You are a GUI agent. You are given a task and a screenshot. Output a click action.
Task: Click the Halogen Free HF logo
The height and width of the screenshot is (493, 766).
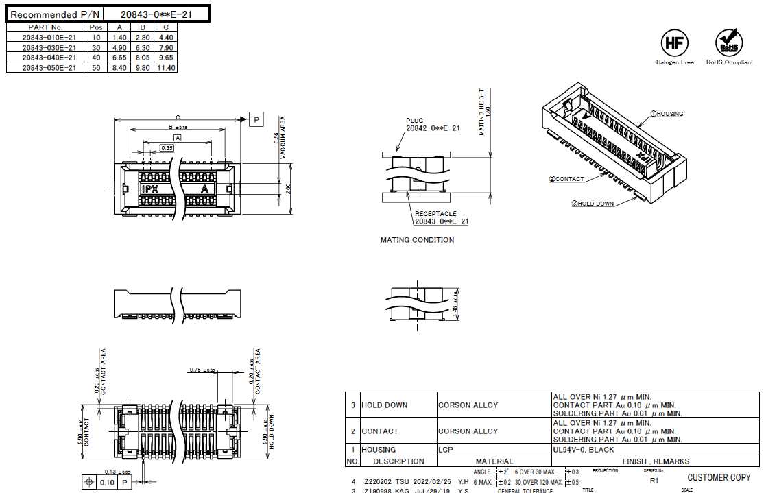coord(674,43)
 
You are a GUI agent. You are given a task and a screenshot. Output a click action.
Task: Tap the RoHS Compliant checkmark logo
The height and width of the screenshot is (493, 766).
coord(728,43)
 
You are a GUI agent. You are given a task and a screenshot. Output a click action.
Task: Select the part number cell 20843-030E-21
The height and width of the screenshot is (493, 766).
coord(49,48)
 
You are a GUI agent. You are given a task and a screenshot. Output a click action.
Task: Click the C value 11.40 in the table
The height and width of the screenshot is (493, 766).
coord(166,68)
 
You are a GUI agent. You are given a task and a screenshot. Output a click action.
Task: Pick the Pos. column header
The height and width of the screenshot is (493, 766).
coord(97,27)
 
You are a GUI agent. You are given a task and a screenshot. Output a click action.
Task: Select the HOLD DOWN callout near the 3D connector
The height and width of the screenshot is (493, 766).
coord(593,204)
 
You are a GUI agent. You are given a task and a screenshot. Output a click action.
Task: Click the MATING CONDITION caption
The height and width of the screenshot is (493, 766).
coord(417,240)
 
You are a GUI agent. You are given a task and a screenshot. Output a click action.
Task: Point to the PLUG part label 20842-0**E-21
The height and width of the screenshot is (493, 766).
coord(432,128)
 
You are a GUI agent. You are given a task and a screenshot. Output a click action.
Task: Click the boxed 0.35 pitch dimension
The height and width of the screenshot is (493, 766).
coord(167,147)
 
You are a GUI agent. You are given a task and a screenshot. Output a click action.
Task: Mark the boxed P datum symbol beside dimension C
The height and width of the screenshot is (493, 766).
coord(256,120)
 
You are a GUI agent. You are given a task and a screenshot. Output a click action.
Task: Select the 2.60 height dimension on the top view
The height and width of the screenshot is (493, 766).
coord(289,189)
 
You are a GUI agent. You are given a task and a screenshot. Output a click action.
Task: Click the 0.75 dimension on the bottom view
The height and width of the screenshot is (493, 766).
coord(196,370)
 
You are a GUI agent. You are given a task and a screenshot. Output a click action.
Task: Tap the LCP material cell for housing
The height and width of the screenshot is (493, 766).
coord(447,450)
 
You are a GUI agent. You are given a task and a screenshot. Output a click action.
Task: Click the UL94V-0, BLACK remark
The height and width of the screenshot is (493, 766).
coord(584,450)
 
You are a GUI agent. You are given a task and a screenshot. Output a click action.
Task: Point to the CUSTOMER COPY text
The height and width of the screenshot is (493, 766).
coord(719,477)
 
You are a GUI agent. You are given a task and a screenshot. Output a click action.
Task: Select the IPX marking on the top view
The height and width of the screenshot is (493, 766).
coord(149,189)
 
